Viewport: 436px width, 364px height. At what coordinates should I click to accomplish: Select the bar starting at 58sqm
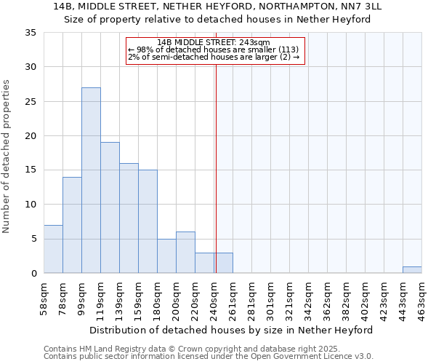pyautogui.click(x=53, y=249)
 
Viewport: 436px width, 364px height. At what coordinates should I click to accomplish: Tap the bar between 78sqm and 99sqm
pyautogui.click(x=72, y=225)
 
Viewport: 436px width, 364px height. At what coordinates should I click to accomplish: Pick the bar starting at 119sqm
pyautogui.click(x=110, y=207)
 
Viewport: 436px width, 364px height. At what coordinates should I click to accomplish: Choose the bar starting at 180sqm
pyautogui.click(x=166, y=256)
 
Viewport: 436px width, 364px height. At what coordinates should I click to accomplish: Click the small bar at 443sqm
pyautogui.click(x=412, y=270)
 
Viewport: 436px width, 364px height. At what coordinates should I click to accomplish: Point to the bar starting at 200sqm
pyautogui.click(x=185, y=253)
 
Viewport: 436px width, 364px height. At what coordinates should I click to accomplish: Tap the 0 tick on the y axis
pyautogui.click(x=33, y=274)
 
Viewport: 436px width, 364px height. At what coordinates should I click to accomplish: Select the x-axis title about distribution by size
pyautogui.click(x=232, y=330)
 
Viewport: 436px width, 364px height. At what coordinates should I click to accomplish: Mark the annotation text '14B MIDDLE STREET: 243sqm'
pyautogui.click(x=213, y=42)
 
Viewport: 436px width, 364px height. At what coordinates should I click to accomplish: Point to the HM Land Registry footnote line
pyautogui.click(x=166, y=349)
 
